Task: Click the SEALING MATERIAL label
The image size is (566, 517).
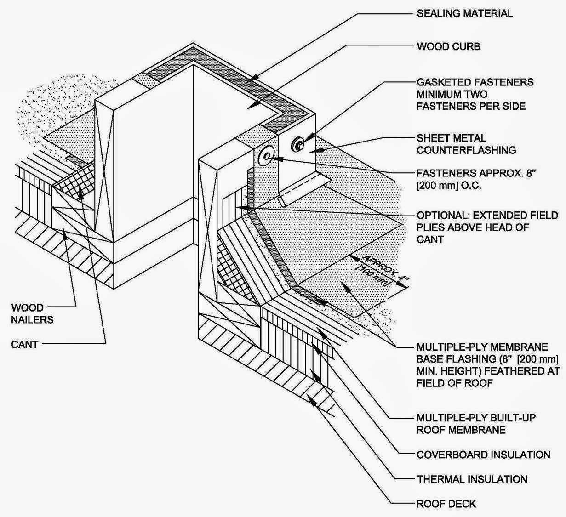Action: (464, 13)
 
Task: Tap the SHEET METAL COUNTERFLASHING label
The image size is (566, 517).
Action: (466, 144)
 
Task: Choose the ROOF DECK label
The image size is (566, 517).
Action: (446, 504)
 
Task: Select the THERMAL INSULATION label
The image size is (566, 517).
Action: (472, 479)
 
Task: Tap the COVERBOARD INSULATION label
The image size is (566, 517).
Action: (483, 455)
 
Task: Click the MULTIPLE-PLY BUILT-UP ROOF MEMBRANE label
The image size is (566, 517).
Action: (475, 424)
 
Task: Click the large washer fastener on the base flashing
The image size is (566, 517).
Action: (267, 156)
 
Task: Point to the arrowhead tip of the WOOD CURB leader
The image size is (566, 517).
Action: (246, 109)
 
